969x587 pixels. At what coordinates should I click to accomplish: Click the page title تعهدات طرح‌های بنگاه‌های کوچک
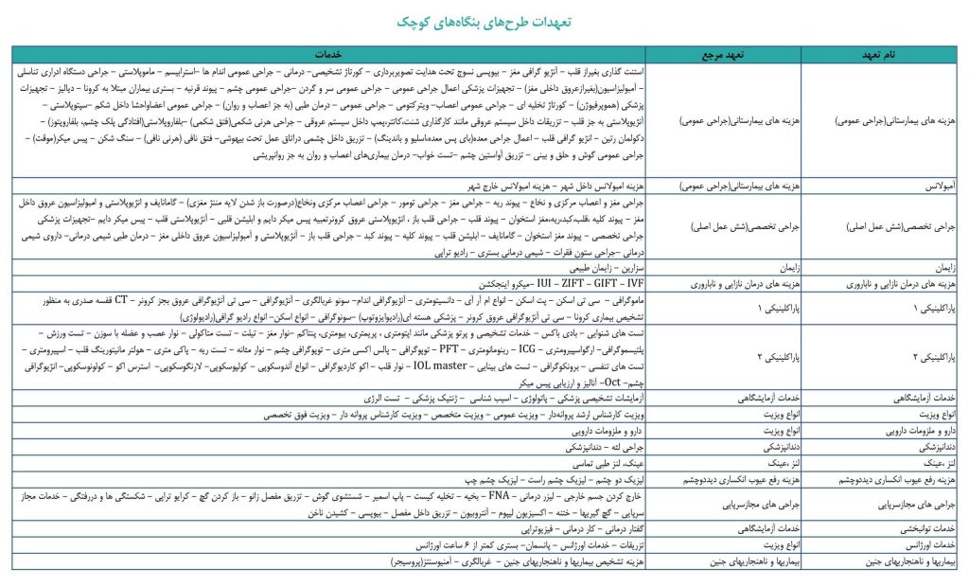tap(484, 21)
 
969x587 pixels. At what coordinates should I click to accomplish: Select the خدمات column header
tap(344, 55)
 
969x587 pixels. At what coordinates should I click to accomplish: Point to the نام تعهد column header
tap(879, 55)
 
